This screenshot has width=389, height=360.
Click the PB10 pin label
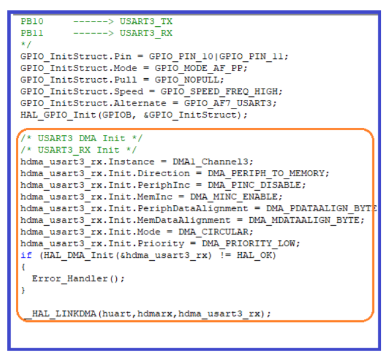[x=32, y=22]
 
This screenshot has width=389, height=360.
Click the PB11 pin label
[x=32, y=33]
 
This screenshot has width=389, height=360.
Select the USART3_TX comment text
[x=146, y=22]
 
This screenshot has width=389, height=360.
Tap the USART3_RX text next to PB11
[x=146, y=33]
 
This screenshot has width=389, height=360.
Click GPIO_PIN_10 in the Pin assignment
[x=181, y=57]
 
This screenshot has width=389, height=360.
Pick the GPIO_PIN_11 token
[x=251, y=57]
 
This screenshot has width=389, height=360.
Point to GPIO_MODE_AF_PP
[x=199, y=68]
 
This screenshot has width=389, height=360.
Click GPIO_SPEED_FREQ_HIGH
[x=219, y=92]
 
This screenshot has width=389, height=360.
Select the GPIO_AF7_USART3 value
[x=228, y=103]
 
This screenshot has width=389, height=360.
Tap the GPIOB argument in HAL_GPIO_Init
[x=117, y=115]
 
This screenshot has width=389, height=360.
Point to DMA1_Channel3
[x=210, y=162]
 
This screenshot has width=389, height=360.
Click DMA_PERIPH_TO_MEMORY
[x=266, y=173]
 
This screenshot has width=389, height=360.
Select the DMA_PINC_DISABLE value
[x=254, y=185]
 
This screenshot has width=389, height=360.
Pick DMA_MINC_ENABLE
[x=234, y=197]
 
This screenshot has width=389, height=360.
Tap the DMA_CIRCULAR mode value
[x=213, y=232]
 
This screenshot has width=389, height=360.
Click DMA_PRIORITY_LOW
[x=248, y=243]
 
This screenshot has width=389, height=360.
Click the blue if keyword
[x=26, y=255]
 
